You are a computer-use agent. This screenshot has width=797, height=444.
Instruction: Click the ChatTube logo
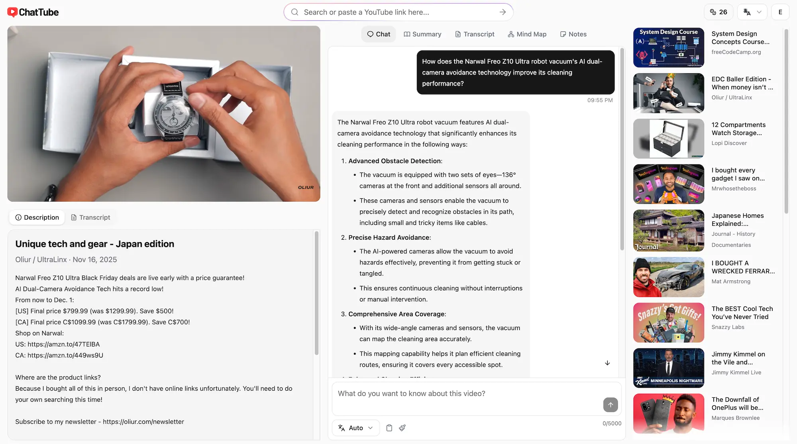pos(33,12)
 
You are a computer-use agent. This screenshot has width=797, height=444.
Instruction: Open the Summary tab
pos(422,34)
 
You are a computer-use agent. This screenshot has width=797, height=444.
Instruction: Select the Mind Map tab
pos(527,34)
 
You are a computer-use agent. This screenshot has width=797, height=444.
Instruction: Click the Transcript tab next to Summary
pos(475,34)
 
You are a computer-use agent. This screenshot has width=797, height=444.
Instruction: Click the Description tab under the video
pos(37,217)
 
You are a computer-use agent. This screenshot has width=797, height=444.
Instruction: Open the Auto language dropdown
pos(355,428)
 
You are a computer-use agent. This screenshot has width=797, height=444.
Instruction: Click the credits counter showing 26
pos(718,12)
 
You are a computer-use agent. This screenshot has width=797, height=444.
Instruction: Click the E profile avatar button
pos(780,12)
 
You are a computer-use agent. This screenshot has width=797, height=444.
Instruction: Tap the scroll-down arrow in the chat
pos(607,363)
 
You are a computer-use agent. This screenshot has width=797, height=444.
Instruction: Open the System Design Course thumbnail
pos(668,48)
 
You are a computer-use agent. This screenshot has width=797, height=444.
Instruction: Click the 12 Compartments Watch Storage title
pos(738,129)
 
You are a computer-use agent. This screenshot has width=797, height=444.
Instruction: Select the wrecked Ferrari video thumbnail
pos(668,277)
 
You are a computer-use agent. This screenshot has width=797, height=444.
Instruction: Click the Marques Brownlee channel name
pos(736,418)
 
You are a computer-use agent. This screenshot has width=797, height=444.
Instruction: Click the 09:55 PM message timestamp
pos(600,100)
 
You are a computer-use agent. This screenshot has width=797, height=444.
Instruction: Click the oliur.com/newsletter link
pos(143,422)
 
